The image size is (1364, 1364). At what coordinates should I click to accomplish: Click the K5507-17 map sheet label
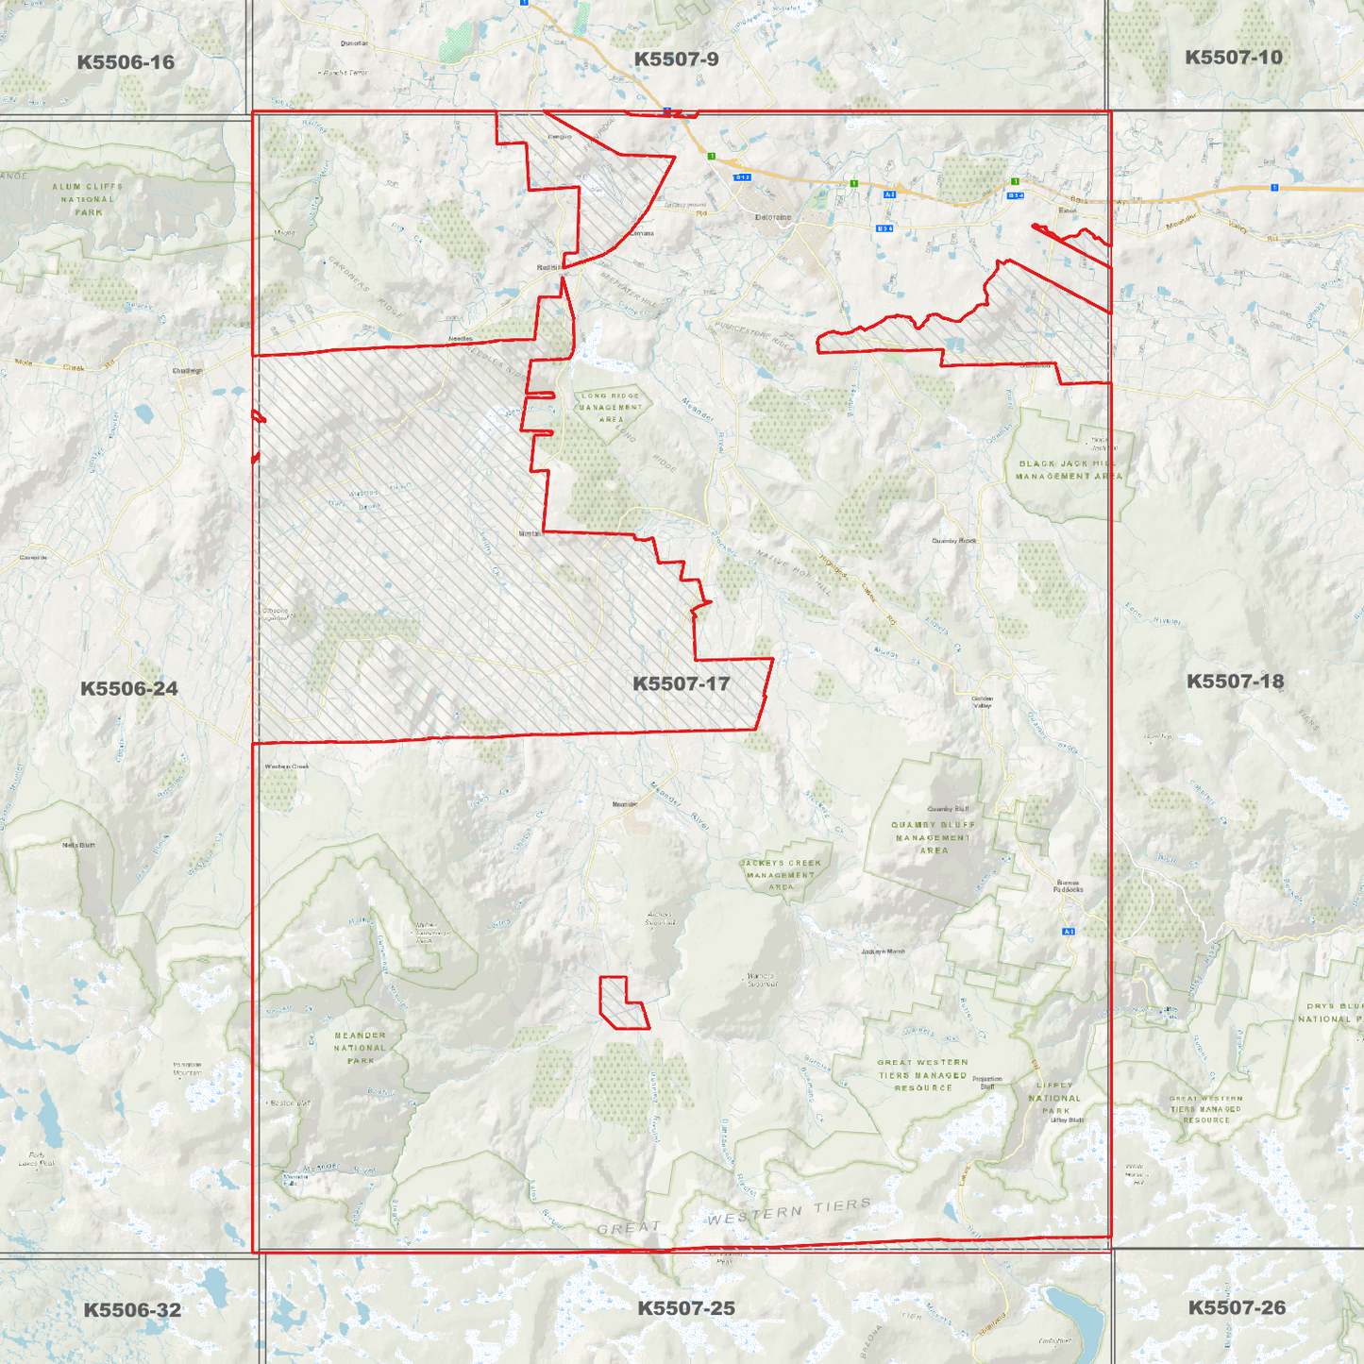pyautogui.click(x=681, y=683)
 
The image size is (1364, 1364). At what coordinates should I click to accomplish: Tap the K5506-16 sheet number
pyautogui.click(x=126, y=62)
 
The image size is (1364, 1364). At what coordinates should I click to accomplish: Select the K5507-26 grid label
pyautogui.click(x=1237, y=1307)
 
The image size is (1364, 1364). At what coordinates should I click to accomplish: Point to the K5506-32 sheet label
pyautogui.click(x=132, y=1309)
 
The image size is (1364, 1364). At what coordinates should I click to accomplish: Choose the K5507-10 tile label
pyautogui.click(x=1234, y=58)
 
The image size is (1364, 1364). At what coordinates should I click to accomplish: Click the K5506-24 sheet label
pyautogui.click(x=128, y=688)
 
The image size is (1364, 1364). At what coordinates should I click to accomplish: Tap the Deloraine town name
pyautogui.click(x=773, y=217)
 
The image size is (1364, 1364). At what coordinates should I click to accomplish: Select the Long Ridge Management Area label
pyautogui.click(x=611, y=408)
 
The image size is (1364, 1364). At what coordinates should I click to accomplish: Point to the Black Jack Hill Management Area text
pyautogui.click(x=1069, y=470)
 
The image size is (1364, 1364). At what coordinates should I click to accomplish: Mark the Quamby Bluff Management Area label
pyautogui.click(x=934, y=837)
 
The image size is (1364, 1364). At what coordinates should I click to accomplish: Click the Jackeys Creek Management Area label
pyautogui.click(x=781, y=875)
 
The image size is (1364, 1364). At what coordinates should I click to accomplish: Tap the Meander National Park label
pyautogui.click(x=360, y=1048)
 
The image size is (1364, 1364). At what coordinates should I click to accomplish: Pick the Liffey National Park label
pyautogui.click(x=1054, y=1098)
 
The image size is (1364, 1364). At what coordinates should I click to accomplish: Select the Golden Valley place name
pyautogui.click(x=983, y=702)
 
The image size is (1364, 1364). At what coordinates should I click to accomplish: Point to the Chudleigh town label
pyautogui.click(x=188, y=371)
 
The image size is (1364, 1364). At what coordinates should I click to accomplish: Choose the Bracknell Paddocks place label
pyautogui.click(x=1068, y=886)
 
